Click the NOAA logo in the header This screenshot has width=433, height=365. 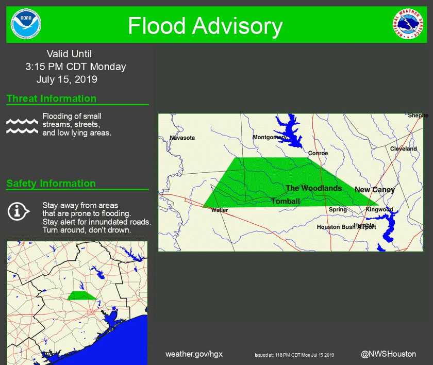26,25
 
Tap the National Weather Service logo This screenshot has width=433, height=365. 408,25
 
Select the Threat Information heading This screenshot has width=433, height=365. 52,98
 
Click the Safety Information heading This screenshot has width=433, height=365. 51,184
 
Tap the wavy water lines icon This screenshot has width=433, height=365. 22,126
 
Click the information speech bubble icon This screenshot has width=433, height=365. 18,211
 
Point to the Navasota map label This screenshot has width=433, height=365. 182,138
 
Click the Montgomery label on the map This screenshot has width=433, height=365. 270,137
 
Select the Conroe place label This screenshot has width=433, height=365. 318,153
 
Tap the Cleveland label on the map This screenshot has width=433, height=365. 404,148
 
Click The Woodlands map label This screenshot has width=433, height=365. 314,188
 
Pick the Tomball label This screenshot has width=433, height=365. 285,201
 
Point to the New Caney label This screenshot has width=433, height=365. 375,190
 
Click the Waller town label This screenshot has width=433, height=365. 220,210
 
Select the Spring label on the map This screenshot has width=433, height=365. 338,210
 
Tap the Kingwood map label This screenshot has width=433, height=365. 379,210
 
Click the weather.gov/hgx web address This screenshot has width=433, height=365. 194,354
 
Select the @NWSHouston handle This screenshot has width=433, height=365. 388,354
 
